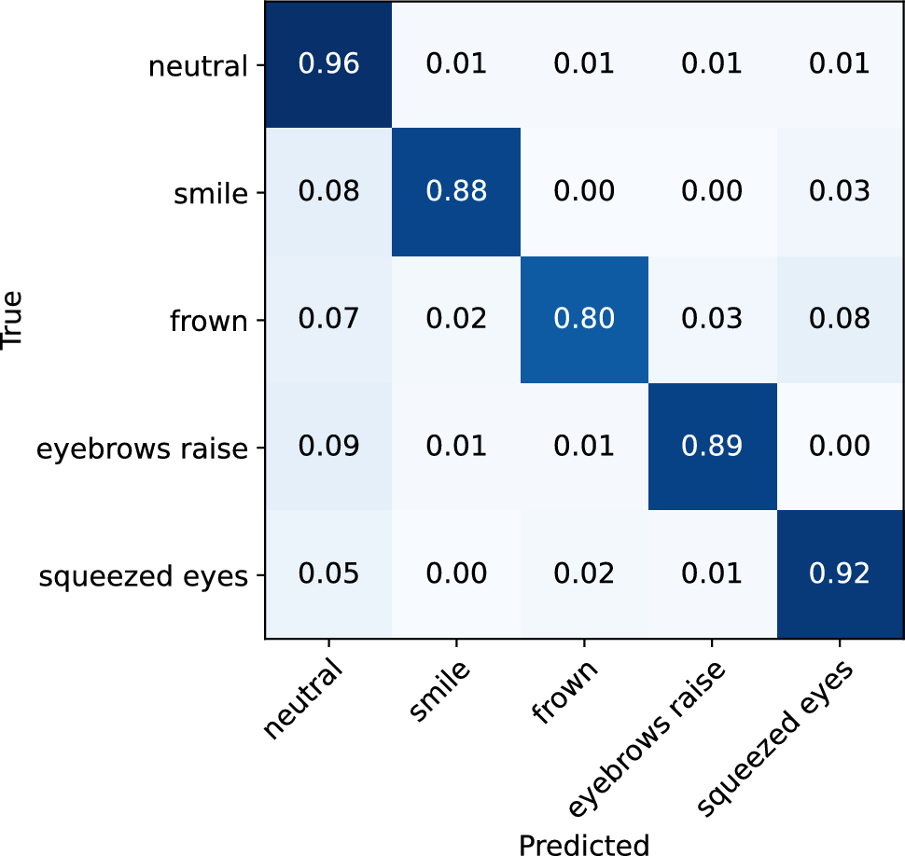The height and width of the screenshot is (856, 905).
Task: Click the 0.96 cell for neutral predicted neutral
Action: (327, 64)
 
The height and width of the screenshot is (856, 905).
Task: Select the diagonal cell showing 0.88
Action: (455, 192)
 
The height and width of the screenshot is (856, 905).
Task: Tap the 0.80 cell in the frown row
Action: (583, 320)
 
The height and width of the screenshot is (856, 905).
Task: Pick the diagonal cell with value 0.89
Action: (711, 447)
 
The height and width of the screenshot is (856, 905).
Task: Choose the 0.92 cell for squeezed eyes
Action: (839, 574)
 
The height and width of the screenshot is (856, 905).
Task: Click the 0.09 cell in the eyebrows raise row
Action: (327, 447)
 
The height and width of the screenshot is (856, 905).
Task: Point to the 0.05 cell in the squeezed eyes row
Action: (327, 574)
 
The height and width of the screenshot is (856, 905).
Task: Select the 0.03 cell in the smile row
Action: (839, 192)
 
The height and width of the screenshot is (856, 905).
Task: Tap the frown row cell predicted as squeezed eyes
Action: (839, 320)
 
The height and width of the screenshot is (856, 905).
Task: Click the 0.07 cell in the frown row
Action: (327, 320)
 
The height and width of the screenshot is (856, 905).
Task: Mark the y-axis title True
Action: (13, 320)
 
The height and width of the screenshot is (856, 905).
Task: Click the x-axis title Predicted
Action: (583, 842)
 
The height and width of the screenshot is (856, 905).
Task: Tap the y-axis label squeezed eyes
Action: (145, 577)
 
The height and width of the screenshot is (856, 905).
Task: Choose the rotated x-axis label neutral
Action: (304, 699)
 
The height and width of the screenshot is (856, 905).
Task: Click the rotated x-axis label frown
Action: (564, 694)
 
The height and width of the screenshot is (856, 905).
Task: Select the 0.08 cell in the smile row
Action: (327, 192)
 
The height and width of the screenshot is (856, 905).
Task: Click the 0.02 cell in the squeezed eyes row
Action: (583, 574)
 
